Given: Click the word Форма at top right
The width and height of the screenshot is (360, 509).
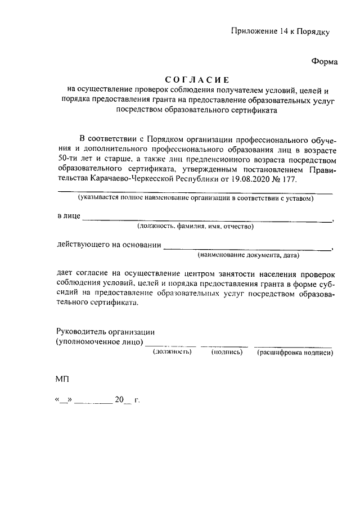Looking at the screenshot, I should tap(325, 62).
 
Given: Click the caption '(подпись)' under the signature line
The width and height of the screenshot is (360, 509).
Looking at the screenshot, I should tap(227, 352).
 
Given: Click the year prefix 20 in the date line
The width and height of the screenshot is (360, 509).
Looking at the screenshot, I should tap(119, 400).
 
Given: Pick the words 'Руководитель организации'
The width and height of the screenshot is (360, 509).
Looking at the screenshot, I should tap(105, 332).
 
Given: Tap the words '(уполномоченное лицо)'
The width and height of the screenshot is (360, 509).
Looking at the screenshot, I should tap(100, 342).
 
